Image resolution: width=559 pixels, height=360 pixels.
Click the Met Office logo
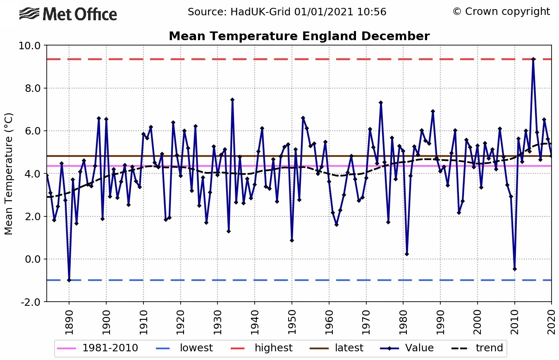68,14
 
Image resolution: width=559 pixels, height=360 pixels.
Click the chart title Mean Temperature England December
299,36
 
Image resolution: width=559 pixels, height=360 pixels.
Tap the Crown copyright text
501,12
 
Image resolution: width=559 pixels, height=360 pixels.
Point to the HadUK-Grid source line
287,12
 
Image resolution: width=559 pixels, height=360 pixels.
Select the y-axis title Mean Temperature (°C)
9,173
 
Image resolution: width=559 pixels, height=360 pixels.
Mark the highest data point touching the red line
533,59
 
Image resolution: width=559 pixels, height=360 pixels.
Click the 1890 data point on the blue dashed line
69,280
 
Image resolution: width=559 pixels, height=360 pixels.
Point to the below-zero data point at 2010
515,269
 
